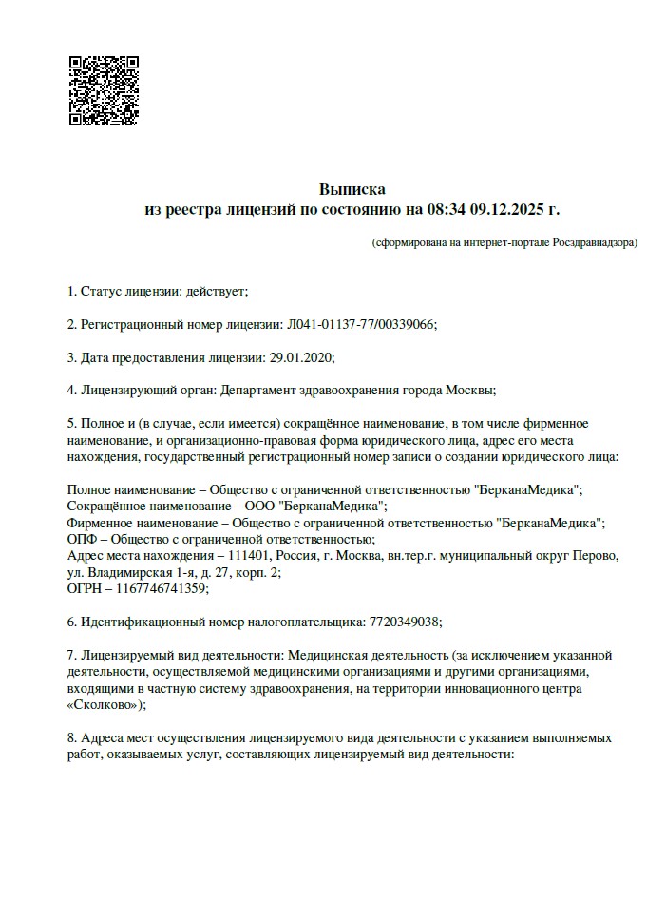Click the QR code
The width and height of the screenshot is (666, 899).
[104, 91]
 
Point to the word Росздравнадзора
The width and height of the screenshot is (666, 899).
[595, 242]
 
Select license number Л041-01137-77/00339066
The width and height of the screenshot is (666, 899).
[360, 324]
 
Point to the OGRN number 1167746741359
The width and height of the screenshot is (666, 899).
[162, 588]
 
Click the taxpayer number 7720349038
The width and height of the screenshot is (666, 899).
[403, 622]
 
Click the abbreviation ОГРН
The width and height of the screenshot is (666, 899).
[86, 588]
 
